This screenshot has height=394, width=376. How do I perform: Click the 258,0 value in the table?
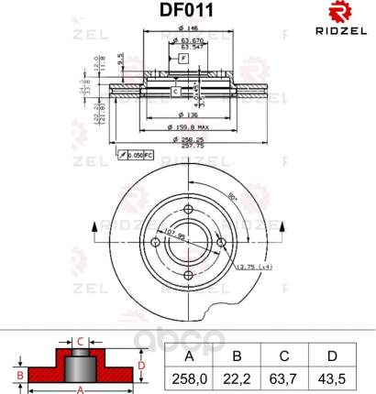pyautogui.click(x=189, y=378)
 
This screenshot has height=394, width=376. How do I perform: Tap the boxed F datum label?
pyautogui.click(x=183, y=59)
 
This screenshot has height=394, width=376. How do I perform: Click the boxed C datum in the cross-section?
pyautogui.click(x=174, y=93)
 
